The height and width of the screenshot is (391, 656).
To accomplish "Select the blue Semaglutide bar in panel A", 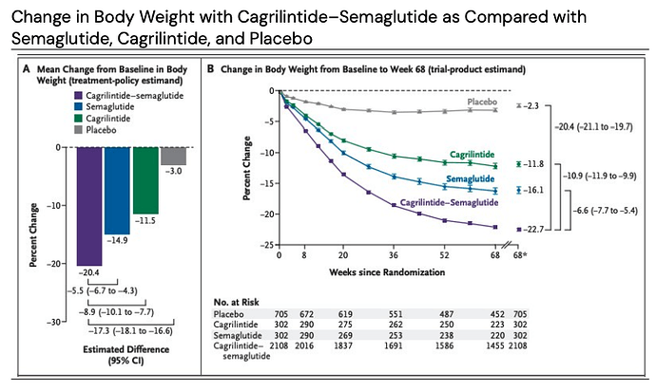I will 117,190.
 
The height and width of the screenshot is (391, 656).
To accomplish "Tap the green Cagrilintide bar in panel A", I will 145,180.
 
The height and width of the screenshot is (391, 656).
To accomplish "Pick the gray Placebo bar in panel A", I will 173,156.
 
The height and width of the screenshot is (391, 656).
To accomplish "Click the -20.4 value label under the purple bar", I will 89,272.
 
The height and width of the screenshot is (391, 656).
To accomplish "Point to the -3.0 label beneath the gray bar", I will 173,172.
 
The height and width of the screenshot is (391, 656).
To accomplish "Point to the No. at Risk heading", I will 237,302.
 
